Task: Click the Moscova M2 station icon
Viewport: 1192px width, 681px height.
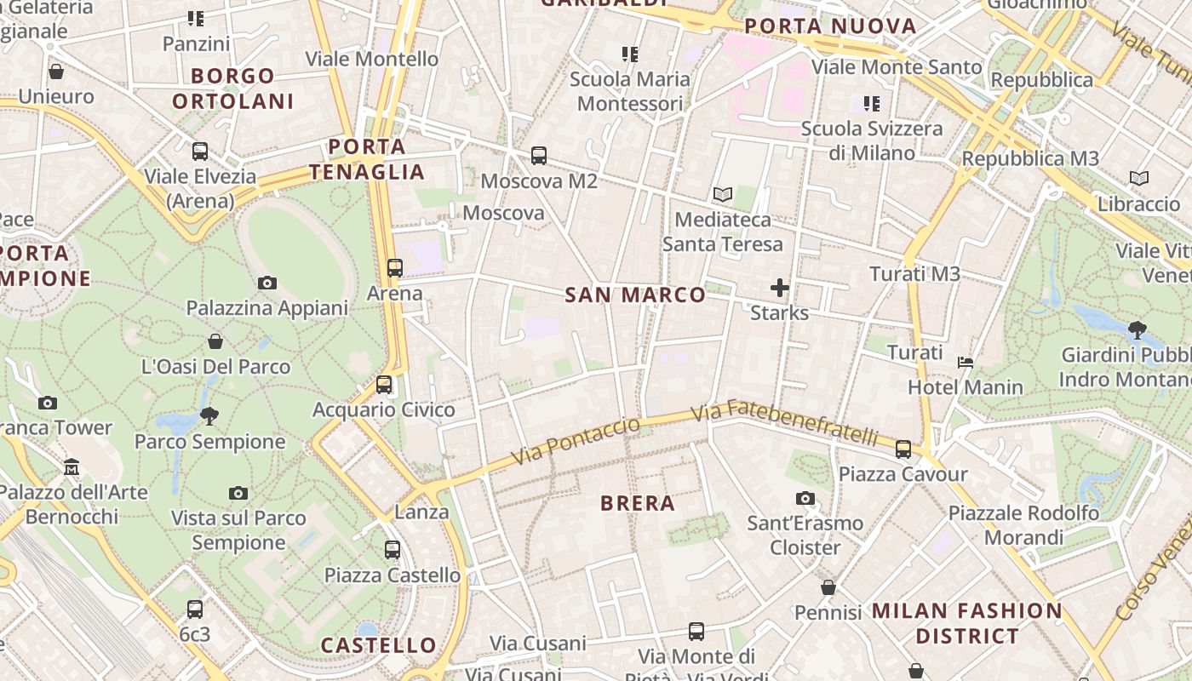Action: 539,156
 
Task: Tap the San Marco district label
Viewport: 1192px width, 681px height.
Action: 635,295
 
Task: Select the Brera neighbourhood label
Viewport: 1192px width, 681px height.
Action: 638,503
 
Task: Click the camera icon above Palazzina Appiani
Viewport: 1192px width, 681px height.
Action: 267,283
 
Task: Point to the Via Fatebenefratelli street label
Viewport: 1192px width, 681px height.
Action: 783,425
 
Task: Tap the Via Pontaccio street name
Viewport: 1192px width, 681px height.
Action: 575,441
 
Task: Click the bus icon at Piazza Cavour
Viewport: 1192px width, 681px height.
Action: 903,449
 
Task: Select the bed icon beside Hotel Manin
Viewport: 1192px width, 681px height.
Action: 966,363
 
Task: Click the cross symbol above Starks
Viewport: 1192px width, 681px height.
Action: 779,288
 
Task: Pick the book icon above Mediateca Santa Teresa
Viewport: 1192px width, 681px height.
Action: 722,195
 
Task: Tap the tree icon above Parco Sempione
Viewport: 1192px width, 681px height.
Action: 209,415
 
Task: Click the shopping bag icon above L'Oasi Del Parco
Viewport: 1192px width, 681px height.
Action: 215,341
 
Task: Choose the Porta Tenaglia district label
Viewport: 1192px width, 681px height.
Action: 366,159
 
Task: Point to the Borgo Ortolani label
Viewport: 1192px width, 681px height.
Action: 232,89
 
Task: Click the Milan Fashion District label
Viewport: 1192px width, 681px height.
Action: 967,623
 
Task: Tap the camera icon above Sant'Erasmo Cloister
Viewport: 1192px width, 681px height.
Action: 805,498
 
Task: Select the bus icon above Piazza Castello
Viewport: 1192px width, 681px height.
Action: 392,549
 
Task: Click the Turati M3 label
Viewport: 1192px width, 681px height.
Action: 914,274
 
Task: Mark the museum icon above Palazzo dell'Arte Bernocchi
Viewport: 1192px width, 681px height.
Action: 72,466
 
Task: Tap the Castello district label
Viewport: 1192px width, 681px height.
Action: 379,645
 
